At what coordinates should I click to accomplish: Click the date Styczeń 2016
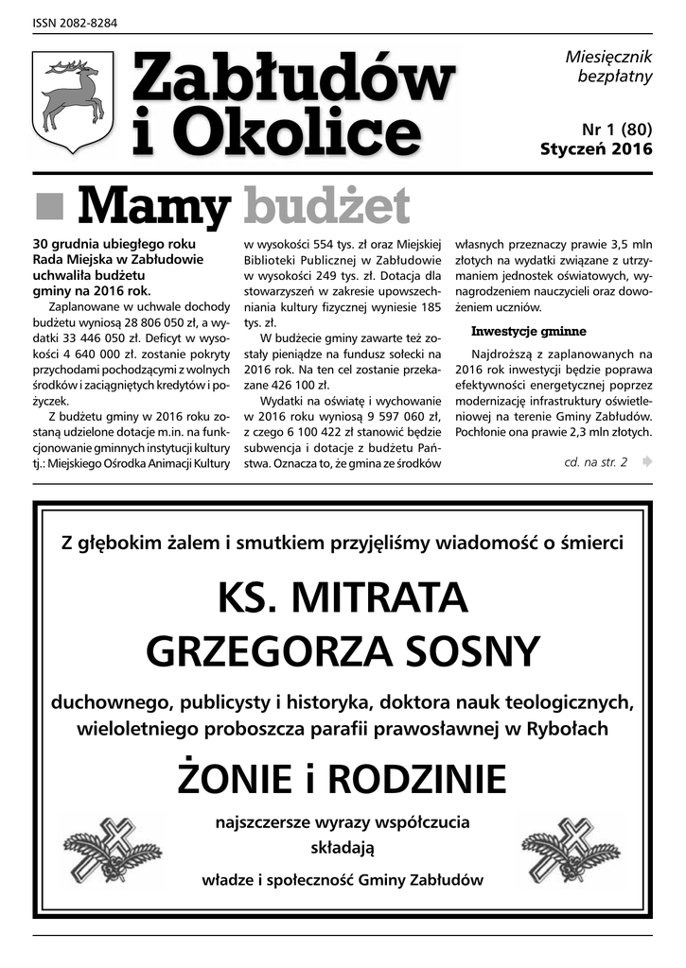(596, 148)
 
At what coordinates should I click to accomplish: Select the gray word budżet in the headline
(326, 205)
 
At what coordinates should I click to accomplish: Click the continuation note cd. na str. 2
(595, 462)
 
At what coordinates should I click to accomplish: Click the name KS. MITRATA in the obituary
(343, 597)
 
